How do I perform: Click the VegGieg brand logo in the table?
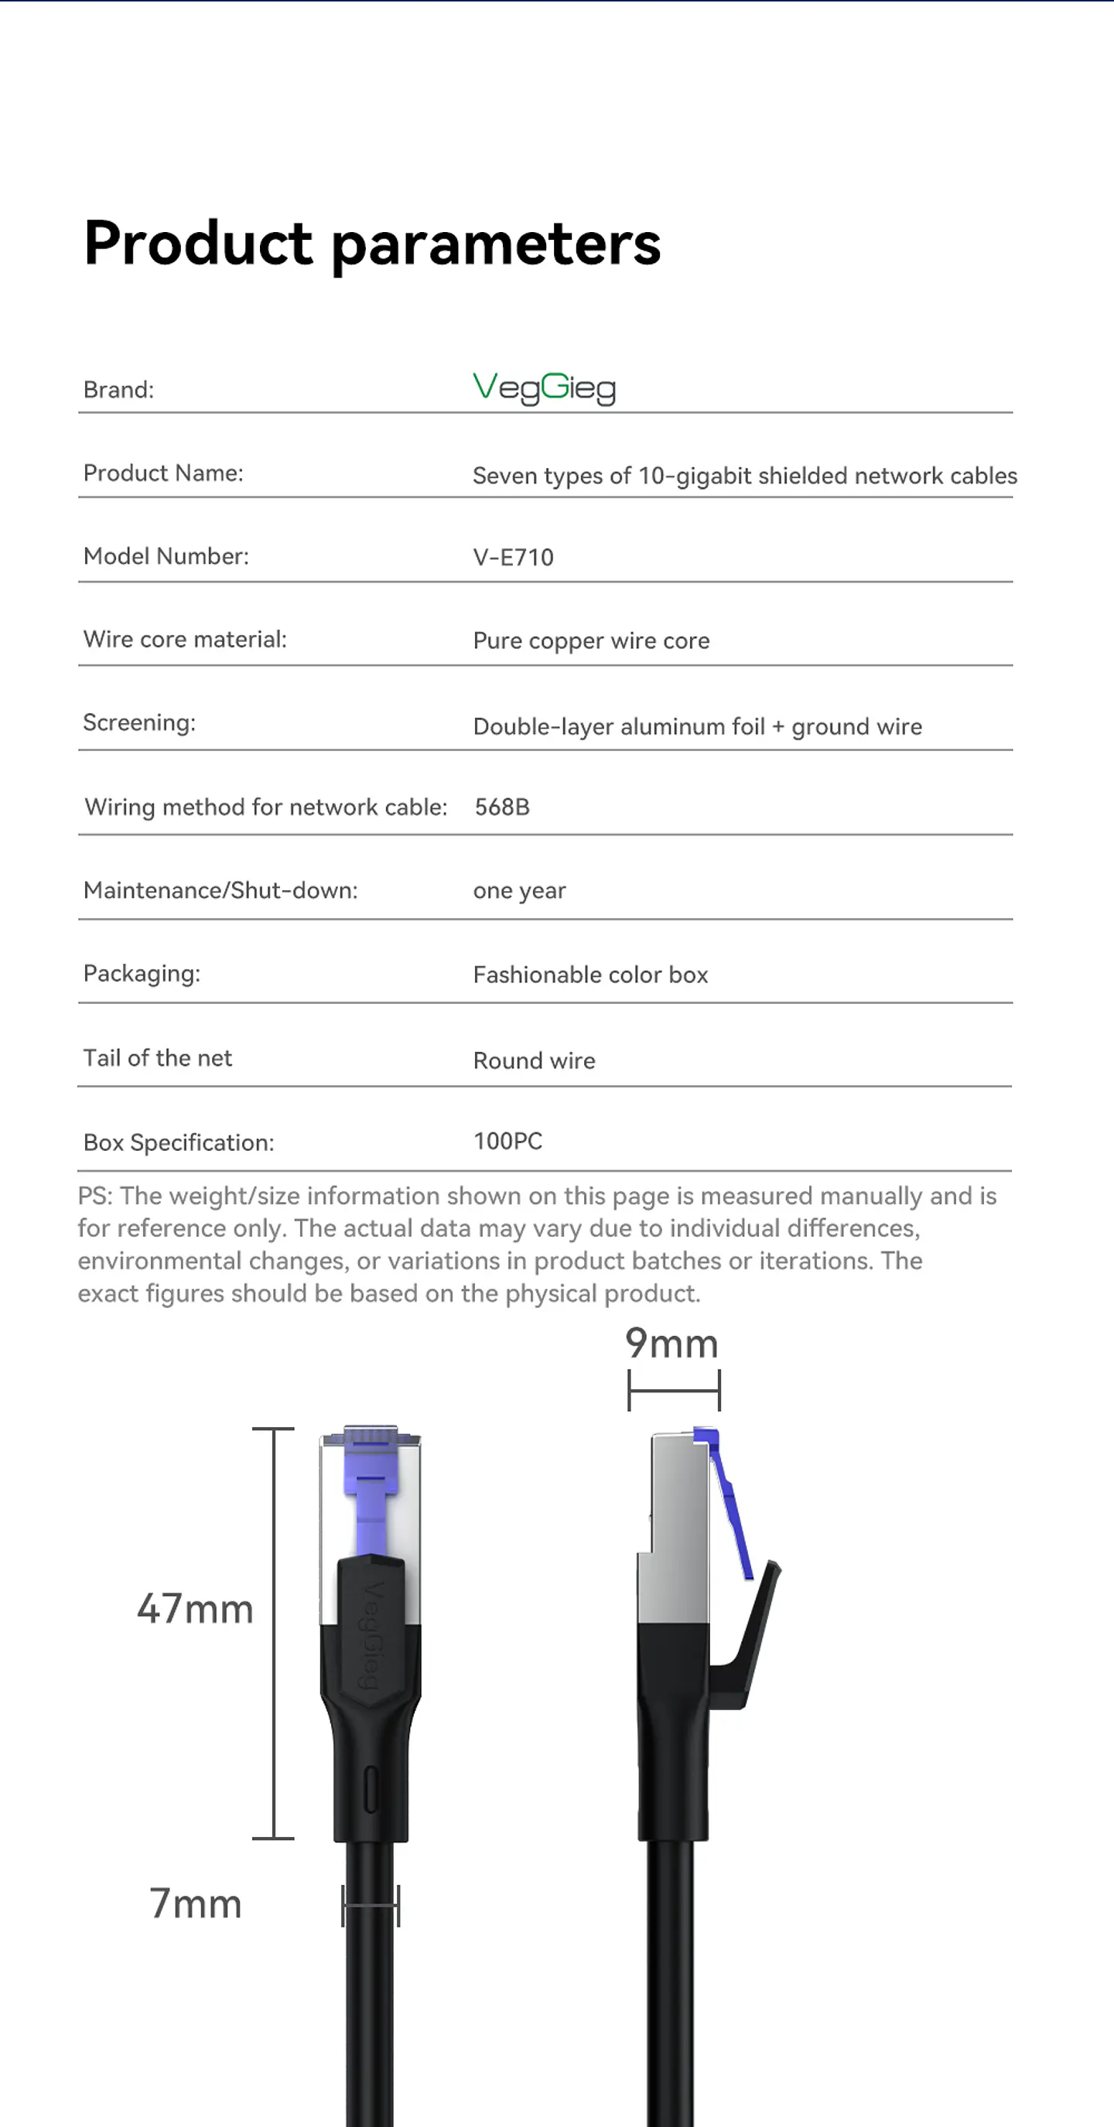(544, 388)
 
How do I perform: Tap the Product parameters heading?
(372, 244)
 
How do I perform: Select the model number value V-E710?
(513, 558)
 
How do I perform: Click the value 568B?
(502, 807)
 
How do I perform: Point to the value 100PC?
(507, 1141)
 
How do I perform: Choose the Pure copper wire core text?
(591, 640)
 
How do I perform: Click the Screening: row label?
(139, 722)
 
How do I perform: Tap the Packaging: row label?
(142, 974)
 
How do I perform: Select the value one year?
(519, 891)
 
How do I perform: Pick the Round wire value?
(534, 1060)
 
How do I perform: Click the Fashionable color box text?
(590, 975)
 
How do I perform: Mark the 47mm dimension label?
(195, 1610)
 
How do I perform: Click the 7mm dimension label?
(196, 1903)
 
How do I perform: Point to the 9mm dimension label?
(671, 1343)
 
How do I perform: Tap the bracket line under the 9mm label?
(674, 1391)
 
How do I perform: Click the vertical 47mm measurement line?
(274, 1634)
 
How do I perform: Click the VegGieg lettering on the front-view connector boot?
(372, 1635)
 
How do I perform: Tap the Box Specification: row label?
(179, 1142)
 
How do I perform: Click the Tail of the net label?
(158, 1059)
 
